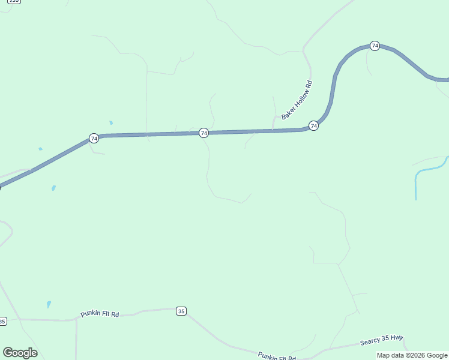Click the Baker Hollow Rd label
(x=298, y=100)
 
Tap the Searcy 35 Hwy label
(x=381, y=340)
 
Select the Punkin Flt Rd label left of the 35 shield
(x=100, y=314)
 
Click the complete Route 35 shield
(x=181, y=311)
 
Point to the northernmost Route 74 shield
(x=375, y=46)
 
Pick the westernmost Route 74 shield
(x=94, y=138)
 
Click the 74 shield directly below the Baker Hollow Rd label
(x=313, y=125)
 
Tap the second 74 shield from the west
(x=203, y=133)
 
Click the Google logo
(x=20, y=352)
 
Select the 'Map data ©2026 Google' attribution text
(x=412, y=355)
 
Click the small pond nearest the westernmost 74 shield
(x=111, y=122)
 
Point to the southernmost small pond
(x=49, y=304)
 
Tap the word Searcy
(x=370, y=342)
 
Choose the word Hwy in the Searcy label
(x=397, y=338)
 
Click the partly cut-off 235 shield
(x=14, y=1)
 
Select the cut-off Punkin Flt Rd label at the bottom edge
(x=277, y=356)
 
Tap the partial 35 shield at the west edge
(x=2, y=322)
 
